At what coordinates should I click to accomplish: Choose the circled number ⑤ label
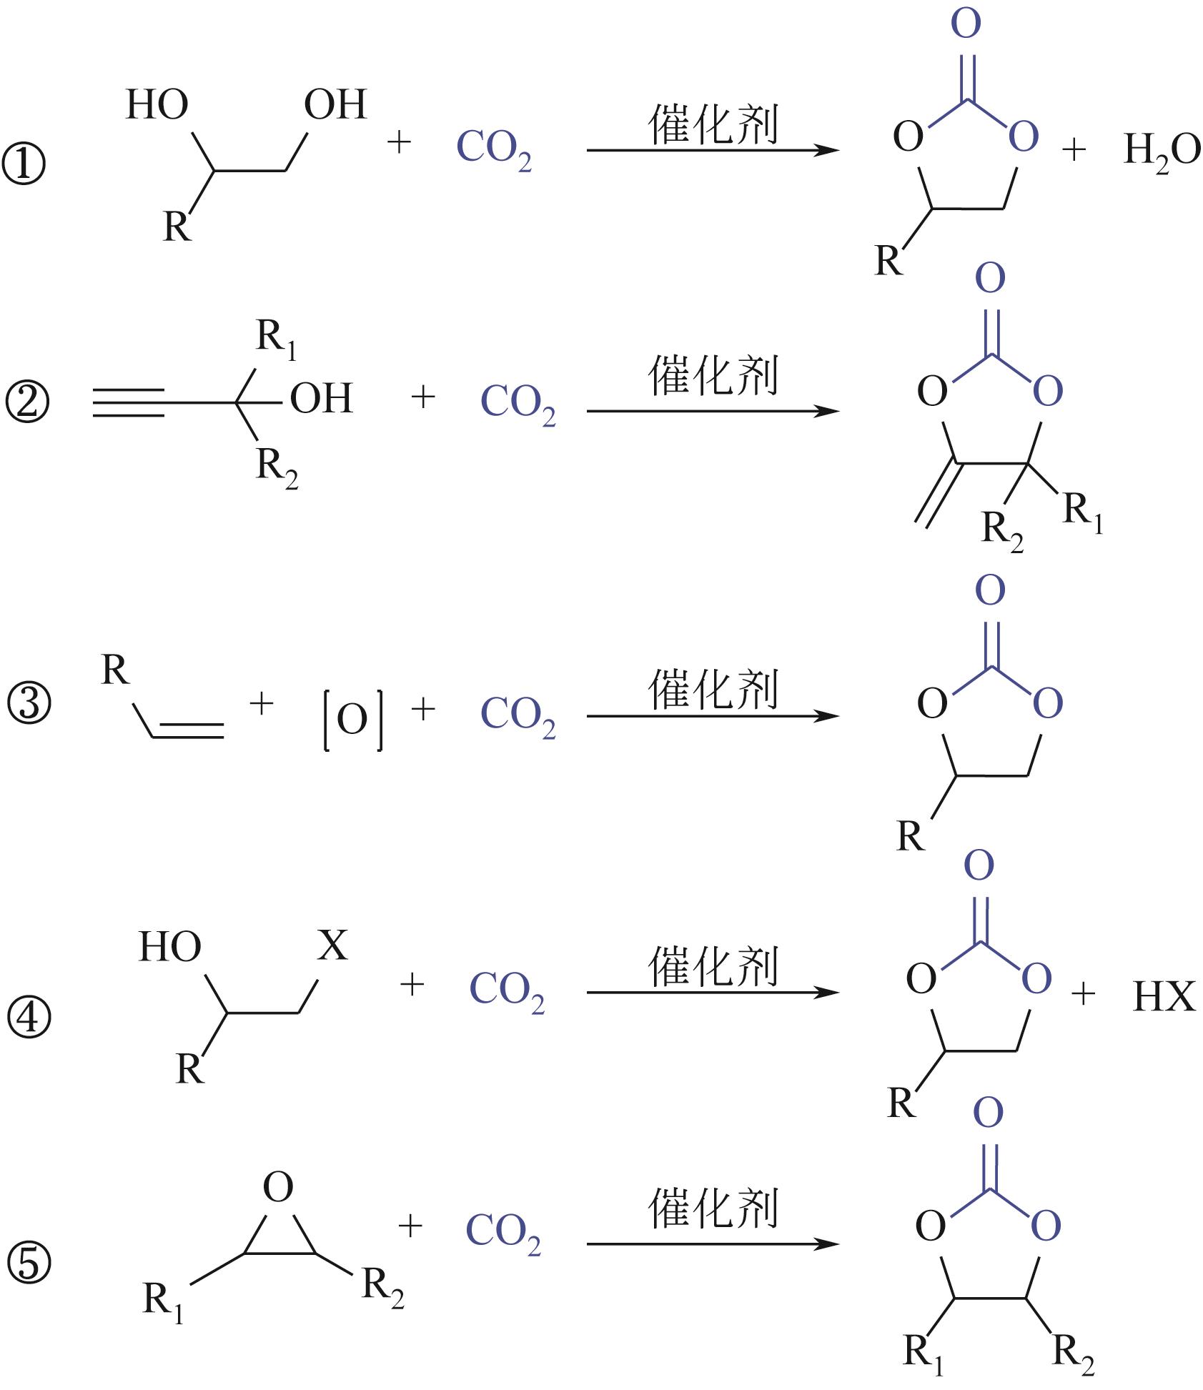tap(29, 1261)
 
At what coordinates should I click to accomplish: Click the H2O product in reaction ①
tap(1162, 152)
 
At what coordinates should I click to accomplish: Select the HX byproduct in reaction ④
tap(1164, 996)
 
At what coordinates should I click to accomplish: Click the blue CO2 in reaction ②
tap(518, 403)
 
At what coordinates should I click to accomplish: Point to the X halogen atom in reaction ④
tap(332, 945)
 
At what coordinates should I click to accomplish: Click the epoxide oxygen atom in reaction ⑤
tap(278, 1187)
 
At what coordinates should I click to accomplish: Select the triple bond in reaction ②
tap(129, 402)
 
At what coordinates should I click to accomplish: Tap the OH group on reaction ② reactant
tap(321, 399)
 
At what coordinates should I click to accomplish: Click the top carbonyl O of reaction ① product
tap(966, 24)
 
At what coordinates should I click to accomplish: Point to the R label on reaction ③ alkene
tap(115, 670)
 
